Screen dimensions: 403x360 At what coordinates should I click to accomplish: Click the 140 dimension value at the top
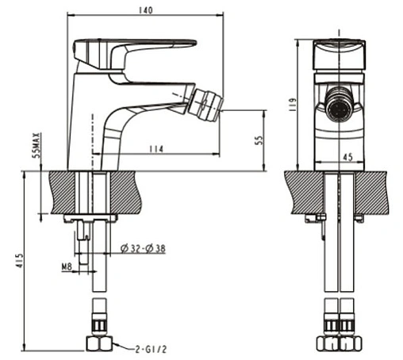[146, 10]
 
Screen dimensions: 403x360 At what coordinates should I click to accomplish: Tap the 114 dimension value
[156, 149]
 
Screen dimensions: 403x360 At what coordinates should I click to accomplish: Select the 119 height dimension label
[292, 105]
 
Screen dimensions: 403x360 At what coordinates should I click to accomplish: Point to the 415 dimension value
[19, 261]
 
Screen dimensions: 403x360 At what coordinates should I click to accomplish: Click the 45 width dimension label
[347, 157]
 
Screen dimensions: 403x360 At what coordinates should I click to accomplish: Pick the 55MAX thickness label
[36, 145]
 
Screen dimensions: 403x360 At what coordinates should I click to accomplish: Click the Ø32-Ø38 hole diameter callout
[143, 248]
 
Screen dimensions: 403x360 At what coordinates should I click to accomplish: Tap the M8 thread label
[67, 267]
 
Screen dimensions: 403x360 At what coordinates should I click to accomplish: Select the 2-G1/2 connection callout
[151, 350]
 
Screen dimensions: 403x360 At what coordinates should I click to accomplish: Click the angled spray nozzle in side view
[205, 105]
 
